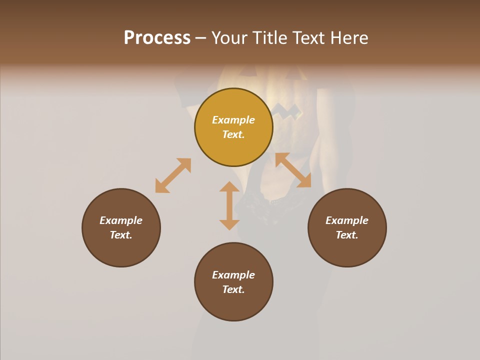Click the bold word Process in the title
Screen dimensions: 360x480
157,38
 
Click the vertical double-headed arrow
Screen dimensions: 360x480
229,205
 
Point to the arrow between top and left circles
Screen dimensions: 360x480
173,175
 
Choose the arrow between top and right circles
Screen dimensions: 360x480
293,170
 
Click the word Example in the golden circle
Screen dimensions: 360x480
233,120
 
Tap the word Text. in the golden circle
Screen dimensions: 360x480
233,134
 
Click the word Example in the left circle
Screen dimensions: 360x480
121,220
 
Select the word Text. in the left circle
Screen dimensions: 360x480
121,235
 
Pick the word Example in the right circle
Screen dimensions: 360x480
347,220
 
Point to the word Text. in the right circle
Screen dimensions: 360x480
347,235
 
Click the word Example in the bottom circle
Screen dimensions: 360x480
233,275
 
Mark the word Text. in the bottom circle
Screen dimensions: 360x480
233,289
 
